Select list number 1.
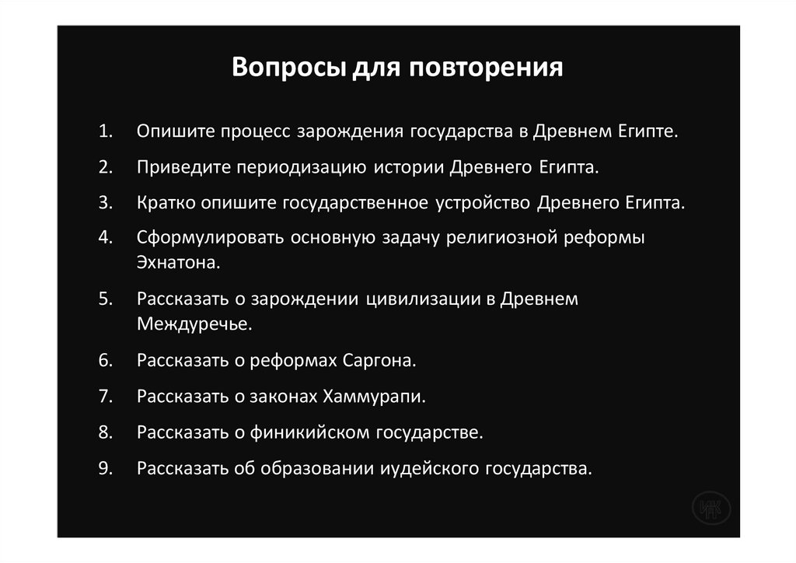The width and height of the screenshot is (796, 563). [106, 131]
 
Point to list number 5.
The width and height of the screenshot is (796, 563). [106, 299]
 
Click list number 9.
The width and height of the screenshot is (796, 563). [106, 468]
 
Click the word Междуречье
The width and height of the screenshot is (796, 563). [194, 323]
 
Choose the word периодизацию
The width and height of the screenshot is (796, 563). [304, 166]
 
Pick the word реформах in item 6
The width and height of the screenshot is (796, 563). [294, 361]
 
